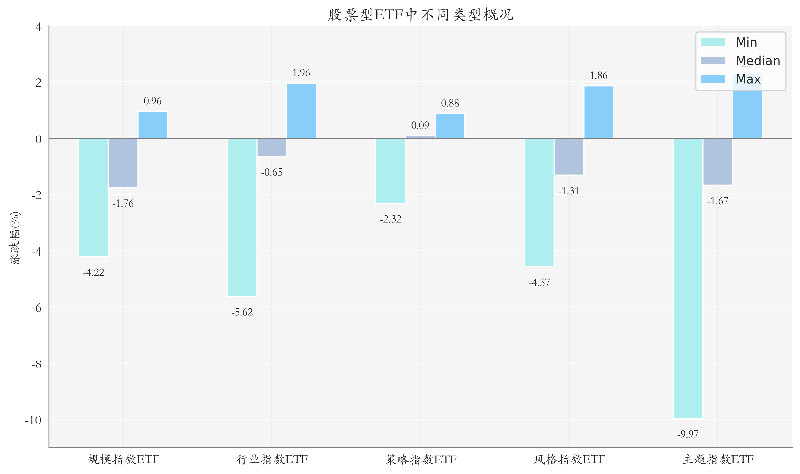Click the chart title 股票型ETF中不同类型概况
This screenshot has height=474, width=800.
[420, 15]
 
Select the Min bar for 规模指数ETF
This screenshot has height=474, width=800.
[93, 197]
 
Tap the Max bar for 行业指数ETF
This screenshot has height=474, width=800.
[301, 111]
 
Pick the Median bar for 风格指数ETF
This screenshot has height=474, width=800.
[569, 157]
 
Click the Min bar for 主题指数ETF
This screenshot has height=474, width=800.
[688, 278]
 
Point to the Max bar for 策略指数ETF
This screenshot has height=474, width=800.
[450, 126]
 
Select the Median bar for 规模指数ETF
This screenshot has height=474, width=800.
[123, 163]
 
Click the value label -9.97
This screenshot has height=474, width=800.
[688, 434]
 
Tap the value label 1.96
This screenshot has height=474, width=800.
[301, 73]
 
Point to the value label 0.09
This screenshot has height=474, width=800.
[420, 125]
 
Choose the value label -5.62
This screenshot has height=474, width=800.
[242, 312]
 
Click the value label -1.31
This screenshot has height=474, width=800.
[569, 191]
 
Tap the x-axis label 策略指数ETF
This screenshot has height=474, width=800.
[421, 460]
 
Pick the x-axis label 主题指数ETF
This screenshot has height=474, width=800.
[718, 460]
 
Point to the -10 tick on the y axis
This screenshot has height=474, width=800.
[33, 420]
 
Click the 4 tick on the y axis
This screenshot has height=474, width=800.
[38, 27]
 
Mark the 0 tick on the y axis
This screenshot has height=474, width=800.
[38, 139]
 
